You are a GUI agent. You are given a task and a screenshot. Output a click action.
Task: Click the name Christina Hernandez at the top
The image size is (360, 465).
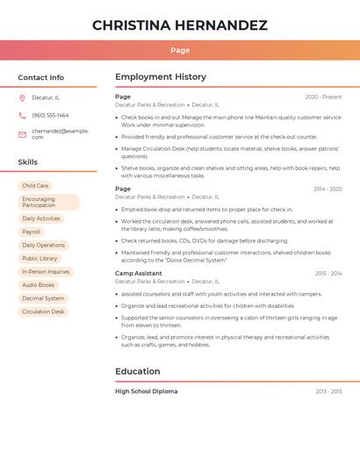pyautogui.click(x=180, y=25)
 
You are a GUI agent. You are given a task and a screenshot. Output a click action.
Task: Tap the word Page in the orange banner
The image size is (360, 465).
pyautogui.click(x=180, y=50)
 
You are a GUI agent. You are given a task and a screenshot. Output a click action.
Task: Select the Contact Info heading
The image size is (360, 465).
pyautogui.click(x=40, y=77)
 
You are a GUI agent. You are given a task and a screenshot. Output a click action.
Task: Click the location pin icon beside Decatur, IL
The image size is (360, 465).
pyautogui.click(x=22, y=97)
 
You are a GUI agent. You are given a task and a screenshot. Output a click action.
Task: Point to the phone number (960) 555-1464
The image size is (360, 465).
pyautogui.click(x=50, y=115)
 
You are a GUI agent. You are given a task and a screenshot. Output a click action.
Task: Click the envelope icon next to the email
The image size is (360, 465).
pyautogui.click(x=22, y=134)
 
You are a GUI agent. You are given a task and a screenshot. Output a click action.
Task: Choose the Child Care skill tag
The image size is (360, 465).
pyautogui.click(x=35, y=186)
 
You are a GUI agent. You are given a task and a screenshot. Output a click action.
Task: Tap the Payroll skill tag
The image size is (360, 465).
pyautogui.click(x=31, y=232)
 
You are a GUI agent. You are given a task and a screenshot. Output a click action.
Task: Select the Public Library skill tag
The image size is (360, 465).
pyautogui.click(x=40, y=259)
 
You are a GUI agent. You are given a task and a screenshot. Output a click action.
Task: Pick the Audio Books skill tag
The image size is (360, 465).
pyautogui.click(x=38, y=285)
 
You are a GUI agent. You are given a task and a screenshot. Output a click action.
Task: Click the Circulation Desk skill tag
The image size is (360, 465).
pyautogui.click(x=43, y=311)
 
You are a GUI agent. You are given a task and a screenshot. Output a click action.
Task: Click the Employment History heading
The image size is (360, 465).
pyautogui.click(x=161, y=77)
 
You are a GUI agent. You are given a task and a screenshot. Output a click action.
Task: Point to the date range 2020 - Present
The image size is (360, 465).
pyautogui.click(x=323, y=97)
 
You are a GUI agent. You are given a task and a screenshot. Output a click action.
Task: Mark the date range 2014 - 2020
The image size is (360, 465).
pyautogui.click(x=328, y=189)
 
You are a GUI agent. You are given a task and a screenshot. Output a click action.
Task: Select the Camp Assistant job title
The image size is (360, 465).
pyautogui.click(x=138, y=274)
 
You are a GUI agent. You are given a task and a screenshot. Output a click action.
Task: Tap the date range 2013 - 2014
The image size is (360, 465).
pyautogui.click(x=328, y=274)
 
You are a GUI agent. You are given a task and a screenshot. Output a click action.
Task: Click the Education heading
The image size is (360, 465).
pyautogui.click(x=137, y=371)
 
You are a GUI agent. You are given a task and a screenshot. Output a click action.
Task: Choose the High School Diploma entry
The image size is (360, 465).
pyautogui.click(x=146, y=391)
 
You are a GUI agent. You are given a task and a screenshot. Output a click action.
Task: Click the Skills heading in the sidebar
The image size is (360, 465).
pyautogui.click(x=27, y=162)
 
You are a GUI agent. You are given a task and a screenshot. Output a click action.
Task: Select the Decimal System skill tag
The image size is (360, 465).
pyautogui.click(x=43, y=298)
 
